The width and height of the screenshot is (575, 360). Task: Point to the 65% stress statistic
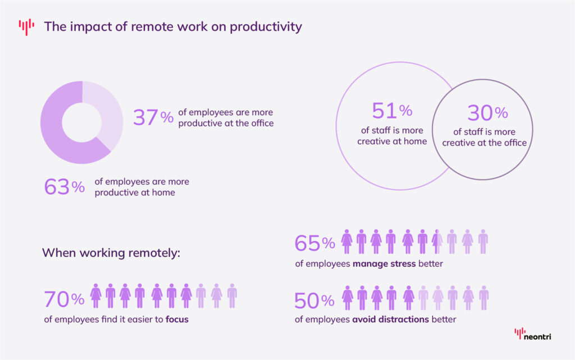pos(314,243)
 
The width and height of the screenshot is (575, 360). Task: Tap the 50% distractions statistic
pos(314,300)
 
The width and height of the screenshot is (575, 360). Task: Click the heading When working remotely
pos(111,253)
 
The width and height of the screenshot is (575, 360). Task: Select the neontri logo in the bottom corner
pos(533,335)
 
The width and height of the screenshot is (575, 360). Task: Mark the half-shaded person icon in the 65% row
pos(437,241)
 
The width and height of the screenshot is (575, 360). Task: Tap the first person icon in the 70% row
pos(96,295)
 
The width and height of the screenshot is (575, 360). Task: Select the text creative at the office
pos(484,143)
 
